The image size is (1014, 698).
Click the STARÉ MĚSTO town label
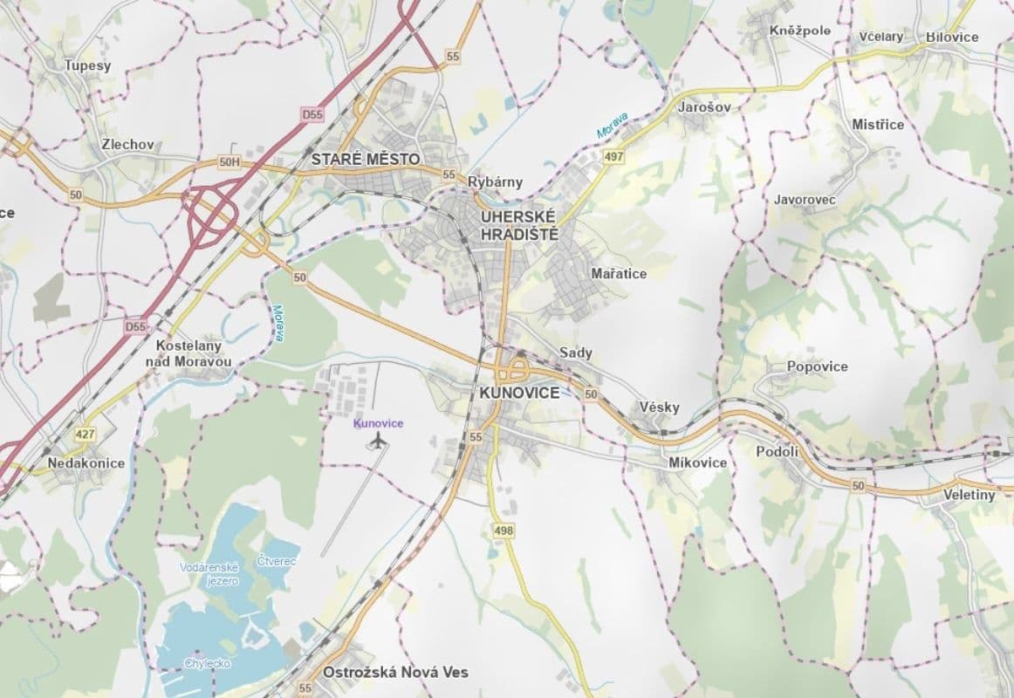coord(366,160)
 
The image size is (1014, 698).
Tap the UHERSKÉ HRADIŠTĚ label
coord(518,224)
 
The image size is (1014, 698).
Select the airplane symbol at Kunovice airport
coord(377,442)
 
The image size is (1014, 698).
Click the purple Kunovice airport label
coord(378,423)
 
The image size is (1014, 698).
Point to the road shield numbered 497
coord(613,156)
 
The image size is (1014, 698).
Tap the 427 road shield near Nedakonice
coord(85,434)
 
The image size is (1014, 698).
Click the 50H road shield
coord(230,162)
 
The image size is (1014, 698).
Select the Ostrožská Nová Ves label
coord(395,673)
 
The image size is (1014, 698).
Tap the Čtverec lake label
coord(277,561)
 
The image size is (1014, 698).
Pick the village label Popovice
coord(817,366)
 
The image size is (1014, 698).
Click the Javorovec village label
coord(805,200)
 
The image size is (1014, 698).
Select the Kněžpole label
coord(800,31)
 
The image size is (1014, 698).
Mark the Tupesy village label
coord(86,65)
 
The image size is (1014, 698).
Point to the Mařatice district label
coord(619,274)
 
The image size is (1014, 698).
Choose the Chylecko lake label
coord(207,663)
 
